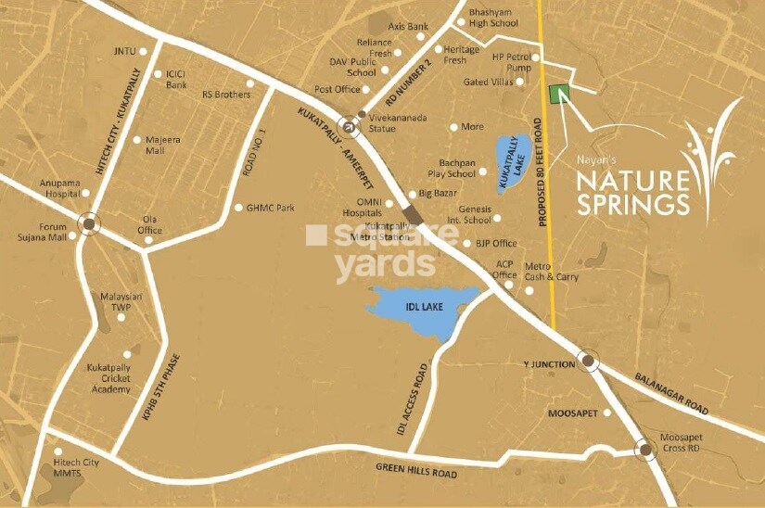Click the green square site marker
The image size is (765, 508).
pos(558,94)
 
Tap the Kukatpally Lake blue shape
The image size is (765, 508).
pos(512,162)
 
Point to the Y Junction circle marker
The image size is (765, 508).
pos(587,361)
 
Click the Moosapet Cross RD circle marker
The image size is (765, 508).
pos(644,450)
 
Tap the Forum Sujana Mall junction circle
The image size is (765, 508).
pos(89,223)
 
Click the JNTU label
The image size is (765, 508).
pos(123,51)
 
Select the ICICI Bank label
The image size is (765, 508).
pos(176,80)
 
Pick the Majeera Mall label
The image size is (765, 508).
pos(155,145)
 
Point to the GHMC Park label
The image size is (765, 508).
pos(270,208)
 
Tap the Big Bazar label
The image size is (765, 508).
pos(438,194)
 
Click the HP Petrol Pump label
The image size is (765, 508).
pos(512,62)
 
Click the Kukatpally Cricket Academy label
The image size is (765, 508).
pos(109,378)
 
